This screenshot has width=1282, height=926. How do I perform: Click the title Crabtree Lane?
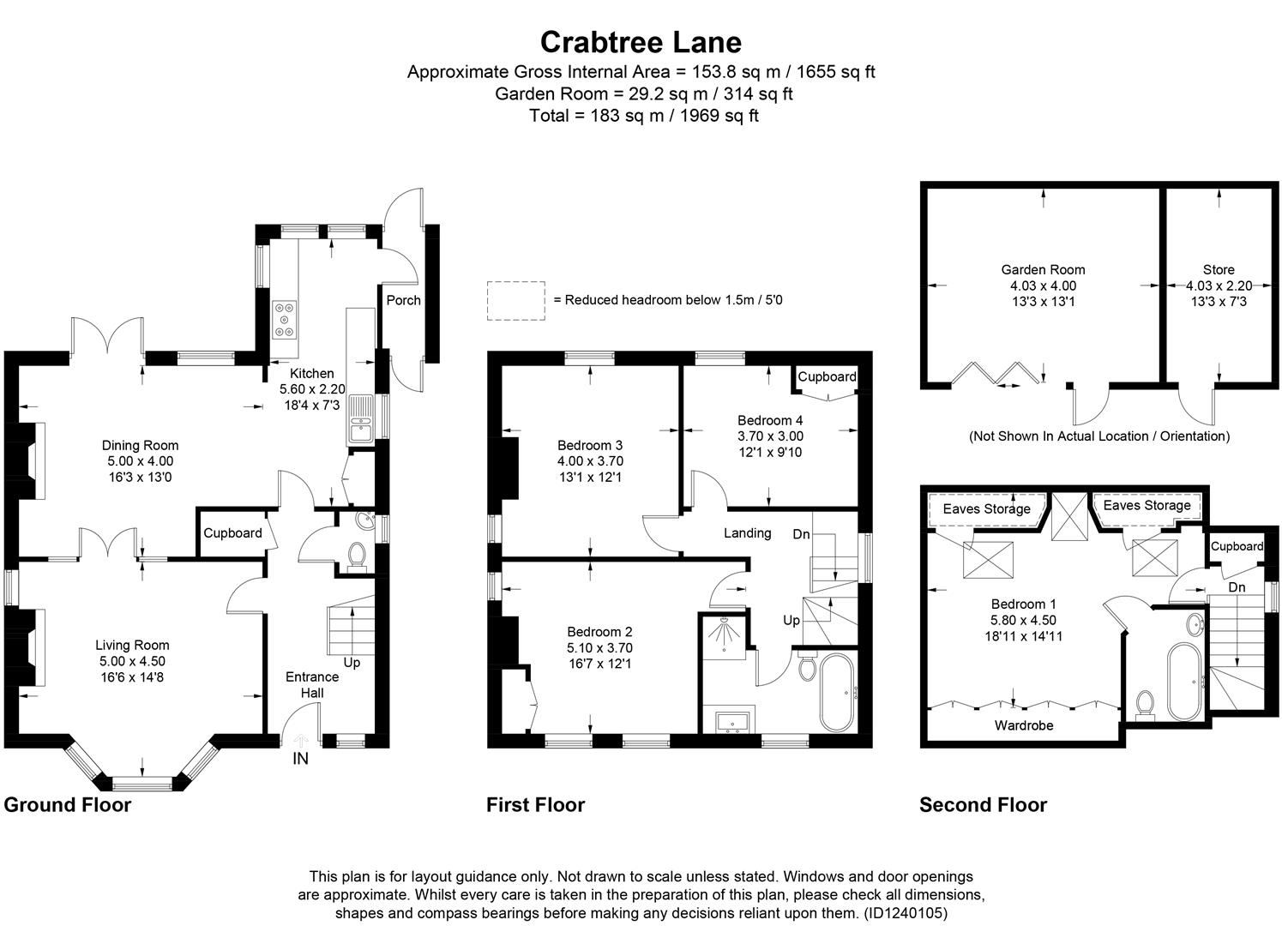coord(641,41)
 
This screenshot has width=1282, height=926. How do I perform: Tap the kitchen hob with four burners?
coord(285,319)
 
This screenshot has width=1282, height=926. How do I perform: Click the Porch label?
coord(403,300)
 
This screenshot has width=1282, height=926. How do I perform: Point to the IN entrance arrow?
coord(301,743)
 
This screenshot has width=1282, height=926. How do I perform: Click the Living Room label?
coord(132,646)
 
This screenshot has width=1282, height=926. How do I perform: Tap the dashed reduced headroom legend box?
coord(516,301)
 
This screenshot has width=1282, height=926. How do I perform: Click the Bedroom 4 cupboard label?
coord(827,376)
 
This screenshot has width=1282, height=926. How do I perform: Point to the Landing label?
coord(747,533)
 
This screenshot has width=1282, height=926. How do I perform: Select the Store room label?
coord(1219,269)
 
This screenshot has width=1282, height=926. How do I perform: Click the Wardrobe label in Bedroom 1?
coord(1023,725)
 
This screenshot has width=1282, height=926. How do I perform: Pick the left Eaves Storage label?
coord(986,509)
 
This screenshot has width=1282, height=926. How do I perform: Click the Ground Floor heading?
coord(68,805)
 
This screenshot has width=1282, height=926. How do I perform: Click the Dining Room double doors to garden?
coord(107,337)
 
